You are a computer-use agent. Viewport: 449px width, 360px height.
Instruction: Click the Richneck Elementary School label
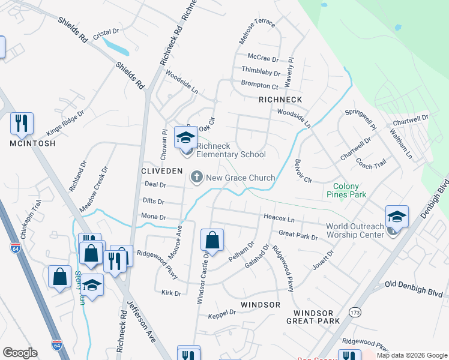click(231, 150)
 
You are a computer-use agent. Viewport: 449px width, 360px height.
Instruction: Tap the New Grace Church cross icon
click(196, 177)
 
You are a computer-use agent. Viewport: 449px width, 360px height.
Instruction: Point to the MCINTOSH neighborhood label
click(32, 143)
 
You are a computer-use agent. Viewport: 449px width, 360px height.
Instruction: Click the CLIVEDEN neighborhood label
click(161, 171)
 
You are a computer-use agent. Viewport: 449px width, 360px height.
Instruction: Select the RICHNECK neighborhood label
click(280, 99)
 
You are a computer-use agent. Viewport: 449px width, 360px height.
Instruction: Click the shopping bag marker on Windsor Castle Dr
click(212, 241)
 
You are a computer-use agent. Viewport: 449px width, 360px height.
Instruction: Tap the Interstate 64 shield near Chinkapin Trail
click(15, 247)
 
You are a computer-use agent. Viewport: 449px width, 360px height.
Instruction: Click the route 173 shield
click(355, 313)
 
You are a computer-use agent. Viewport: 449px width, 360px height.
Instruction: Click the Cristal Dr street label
click(107, 31)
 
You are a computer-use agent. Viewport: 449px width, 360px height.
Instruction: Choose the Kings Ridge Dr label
click(66, 122)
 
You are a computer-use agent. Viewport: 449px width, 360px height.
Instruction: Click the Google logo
click(20, 353)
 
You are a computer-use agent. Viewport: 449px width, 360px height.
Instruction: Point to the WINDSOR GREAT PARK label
click(317, 317)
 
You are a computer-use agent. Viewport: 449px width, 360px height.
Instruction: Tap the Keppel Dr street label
click(221, 312)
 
